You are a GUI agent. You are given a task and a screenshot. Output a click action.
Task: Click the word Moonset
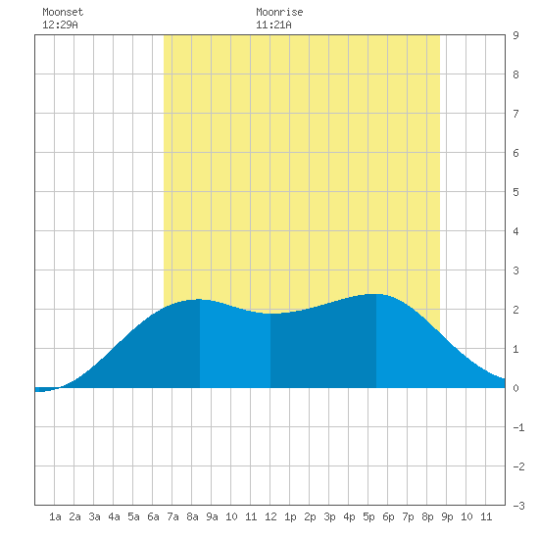click(x=63, y=12)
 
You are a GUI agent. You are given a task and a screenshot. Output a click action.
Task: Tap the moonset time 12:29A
click(x=60, y=24)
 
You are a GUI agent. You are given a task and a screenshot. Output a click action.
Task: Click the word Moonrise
click(x=279, y=12)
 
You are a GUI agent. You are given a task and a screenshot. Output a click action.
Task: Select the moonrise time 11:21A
click(x=273, y=24)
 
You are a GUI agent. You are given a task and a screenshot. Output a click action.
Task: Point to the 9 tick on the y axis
click(x=515, y=35)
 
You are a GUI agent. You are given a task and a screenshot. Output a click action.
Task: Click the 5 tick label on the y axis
click(x=515, y=192)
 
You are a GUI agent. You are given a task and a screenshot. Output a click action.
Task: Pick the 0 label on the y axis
click(x=515, y=388)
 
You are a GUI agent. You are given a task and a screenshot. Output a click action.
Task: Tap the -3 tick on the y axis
click(x=518, y=506)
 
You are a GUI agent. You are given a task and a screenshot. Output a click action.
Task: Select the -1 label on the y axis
click(x=518, y=427)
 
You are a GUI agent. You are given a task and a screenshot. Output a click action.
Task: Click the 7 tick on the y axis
click(x=515, y=114)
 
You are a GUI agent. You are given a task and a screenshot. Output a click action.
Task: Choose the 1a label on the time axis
click(x=55, y=516)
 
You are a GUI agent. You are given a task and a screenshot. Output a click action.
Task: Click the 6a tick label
click(x=153, y=516)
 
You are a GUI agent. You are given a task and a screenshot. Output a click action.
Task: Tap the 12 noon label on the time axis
click(x=270, y=516)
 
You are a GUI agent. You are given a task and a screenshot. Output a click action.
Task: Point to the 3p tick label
click(x=329, y=516)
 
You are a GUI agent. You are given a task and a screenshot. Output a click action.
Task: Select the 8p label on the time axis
click(x=427, y=516)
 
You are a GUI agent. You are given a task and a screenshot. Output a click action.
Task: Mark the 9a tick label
click(x=212, y=516)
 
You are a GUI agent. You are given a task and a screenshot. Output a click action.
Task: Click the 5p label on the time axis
click(x=368, y=516)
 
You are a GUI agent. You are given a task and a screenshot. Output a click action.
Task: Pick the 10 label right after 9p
click(x=466, y=516)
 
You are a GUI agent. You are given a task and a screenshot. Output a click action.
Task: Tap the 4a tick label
click(x=114, y=516)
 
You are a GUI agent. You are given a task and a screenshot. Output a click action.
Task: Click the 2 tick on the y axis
click(x=515, y=310)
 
